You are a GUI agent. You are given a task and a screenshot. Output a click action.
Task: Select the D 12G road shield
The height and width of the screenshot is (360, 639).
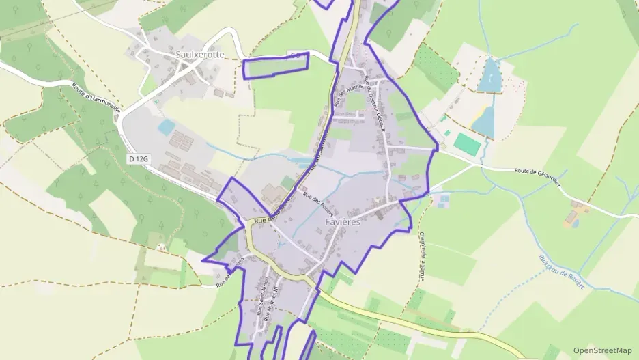click(x=138, y=158)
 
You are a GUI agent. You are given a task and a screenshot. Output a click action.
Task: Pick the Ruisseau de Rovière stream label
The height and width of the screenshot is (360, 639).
click(x=562, y=272)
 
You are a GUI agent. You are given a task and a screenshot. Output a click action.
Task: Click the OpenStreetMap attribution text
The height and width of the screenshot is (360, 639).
click(x=602, y=350)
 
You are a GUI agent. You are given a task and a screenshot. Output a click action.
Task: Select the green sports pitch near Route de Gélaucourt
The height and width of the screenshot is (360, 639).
click(x=467, y=143)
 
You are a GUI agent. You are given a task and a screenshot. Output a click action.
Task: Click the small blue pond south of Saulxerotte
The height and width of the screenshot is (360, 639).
click(x=166, y=127)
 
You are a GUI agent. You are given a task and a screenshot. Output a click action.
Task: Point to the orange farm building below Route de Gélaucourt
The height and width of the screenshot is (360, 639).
click(x=570, y=218)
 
